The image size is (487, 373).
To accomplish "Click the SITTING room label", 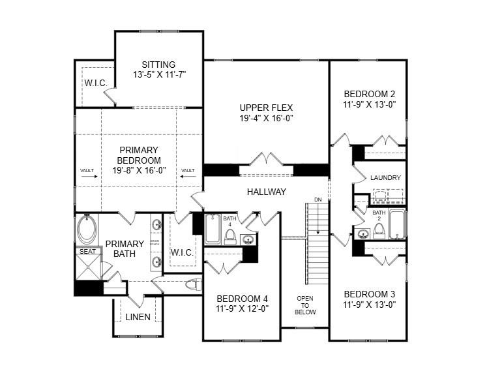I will [159, 65].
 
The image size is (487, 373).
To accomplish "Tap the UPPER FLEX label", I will [266, 108].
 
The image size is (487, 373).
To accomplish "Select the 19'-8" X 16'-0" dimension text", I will [139, 170].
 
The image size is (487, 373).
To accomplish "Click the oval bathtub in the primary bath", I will [86, 230].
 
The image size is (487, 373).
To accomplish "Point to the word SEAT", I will [87, 252].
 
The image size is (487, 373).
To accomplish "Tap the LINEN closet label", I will [138, 318].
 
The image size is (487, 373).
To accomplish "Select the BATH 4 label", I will [229, 221].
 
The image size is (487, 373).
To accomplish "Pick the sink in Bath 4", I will [248, 239].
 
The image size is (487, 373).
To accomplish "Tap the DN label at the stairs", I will [317, 200].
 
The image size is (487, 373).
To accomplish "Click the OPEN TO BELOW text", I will [306, 305].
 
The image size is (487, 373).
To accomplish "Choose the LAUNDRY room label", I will [385, 178].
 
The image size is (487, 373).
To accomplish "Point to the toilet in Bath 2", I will [378, 231].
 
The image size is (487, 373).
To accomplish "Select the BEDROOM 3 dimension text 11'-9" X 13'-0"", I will [370, 304].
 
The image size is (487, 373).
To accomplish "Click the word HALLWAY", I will [267, 192].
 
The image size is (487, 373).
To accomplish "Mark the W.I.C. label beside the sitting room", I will [95, 83].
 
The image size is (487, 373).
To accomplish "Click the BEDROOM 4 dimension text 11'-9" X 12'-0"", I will [242, 309].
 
